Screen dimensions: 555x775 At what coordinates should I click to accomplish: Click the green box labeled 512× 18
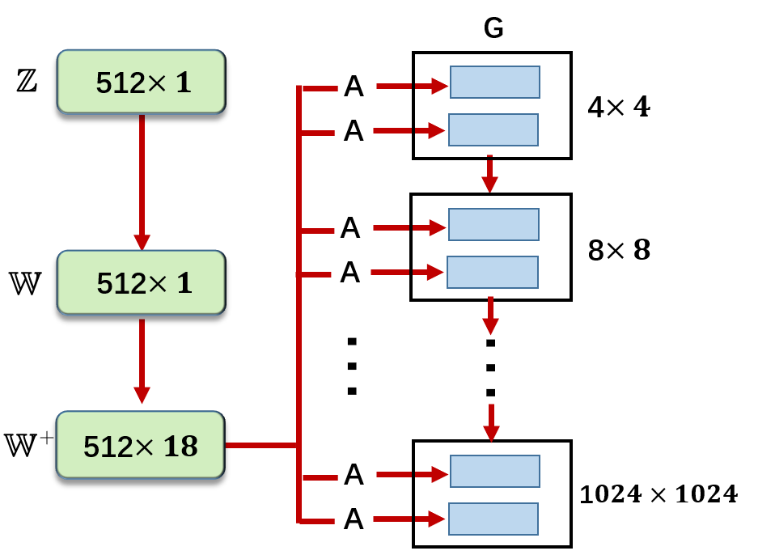(140, 445)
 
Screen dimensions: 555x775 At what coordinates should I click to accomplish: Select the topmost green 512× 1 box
(141, 82)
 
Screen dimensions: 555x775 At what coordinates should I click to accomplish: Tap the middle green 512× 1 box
(141, 282)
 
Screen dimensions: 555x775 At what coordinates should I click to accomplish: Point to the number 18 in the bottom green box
(180, 446)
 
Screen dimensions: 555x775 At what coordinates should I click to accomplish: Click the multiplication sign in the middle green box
(159, 283)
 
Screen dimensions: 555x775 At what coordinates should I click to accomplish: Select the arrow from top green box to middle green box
(142, 182)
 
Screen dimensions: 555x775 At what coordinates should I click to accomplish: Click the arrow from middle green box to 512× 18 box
(142, 361)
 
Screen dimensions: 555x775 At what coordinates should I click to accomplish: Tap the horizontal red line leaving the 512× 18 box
(260, 445)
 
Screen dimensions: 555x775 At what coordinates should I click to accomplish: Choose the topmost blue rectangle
(494, 83)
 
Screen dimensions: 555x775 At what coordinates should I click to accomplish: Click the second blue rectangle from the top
(493, 129)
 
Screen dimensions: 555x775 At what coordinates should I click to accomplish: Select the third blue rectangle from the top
(493, 224)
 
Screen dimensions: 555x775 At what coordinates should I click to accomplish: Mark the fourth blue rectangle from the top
(492, 272)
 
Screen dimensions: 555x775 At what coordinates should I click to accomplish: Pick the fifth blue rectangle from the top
(494, 471)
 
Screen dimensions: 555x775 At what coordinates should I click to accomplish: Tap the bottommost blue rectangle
(493, 519)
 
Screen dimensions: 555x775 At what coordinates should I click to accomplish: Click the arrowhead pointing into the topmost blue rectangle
(439, 86)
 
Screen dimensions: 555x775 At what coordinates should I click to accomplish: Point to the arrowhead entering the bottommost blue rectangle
(437, 519)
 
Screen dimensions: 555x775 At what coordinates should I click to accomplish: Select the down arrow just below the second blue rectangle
(489, 176)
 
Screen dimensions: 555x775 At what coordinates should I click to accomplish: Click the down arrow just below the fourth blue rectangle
(490, 316)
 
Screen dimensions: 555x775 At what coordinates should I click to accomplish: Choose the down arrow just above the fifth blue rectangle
(491, 424)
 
